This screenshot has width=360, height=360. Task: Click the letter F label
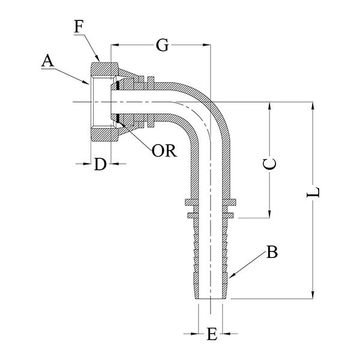(x=80, y=27)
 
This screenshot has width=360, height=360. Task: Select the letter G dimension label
(x=161, y=44)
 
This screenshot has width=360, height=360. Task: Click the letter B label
(x=272, y=253)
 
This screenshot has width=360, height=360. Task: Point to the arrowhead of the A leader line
(x=89, y=82)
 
